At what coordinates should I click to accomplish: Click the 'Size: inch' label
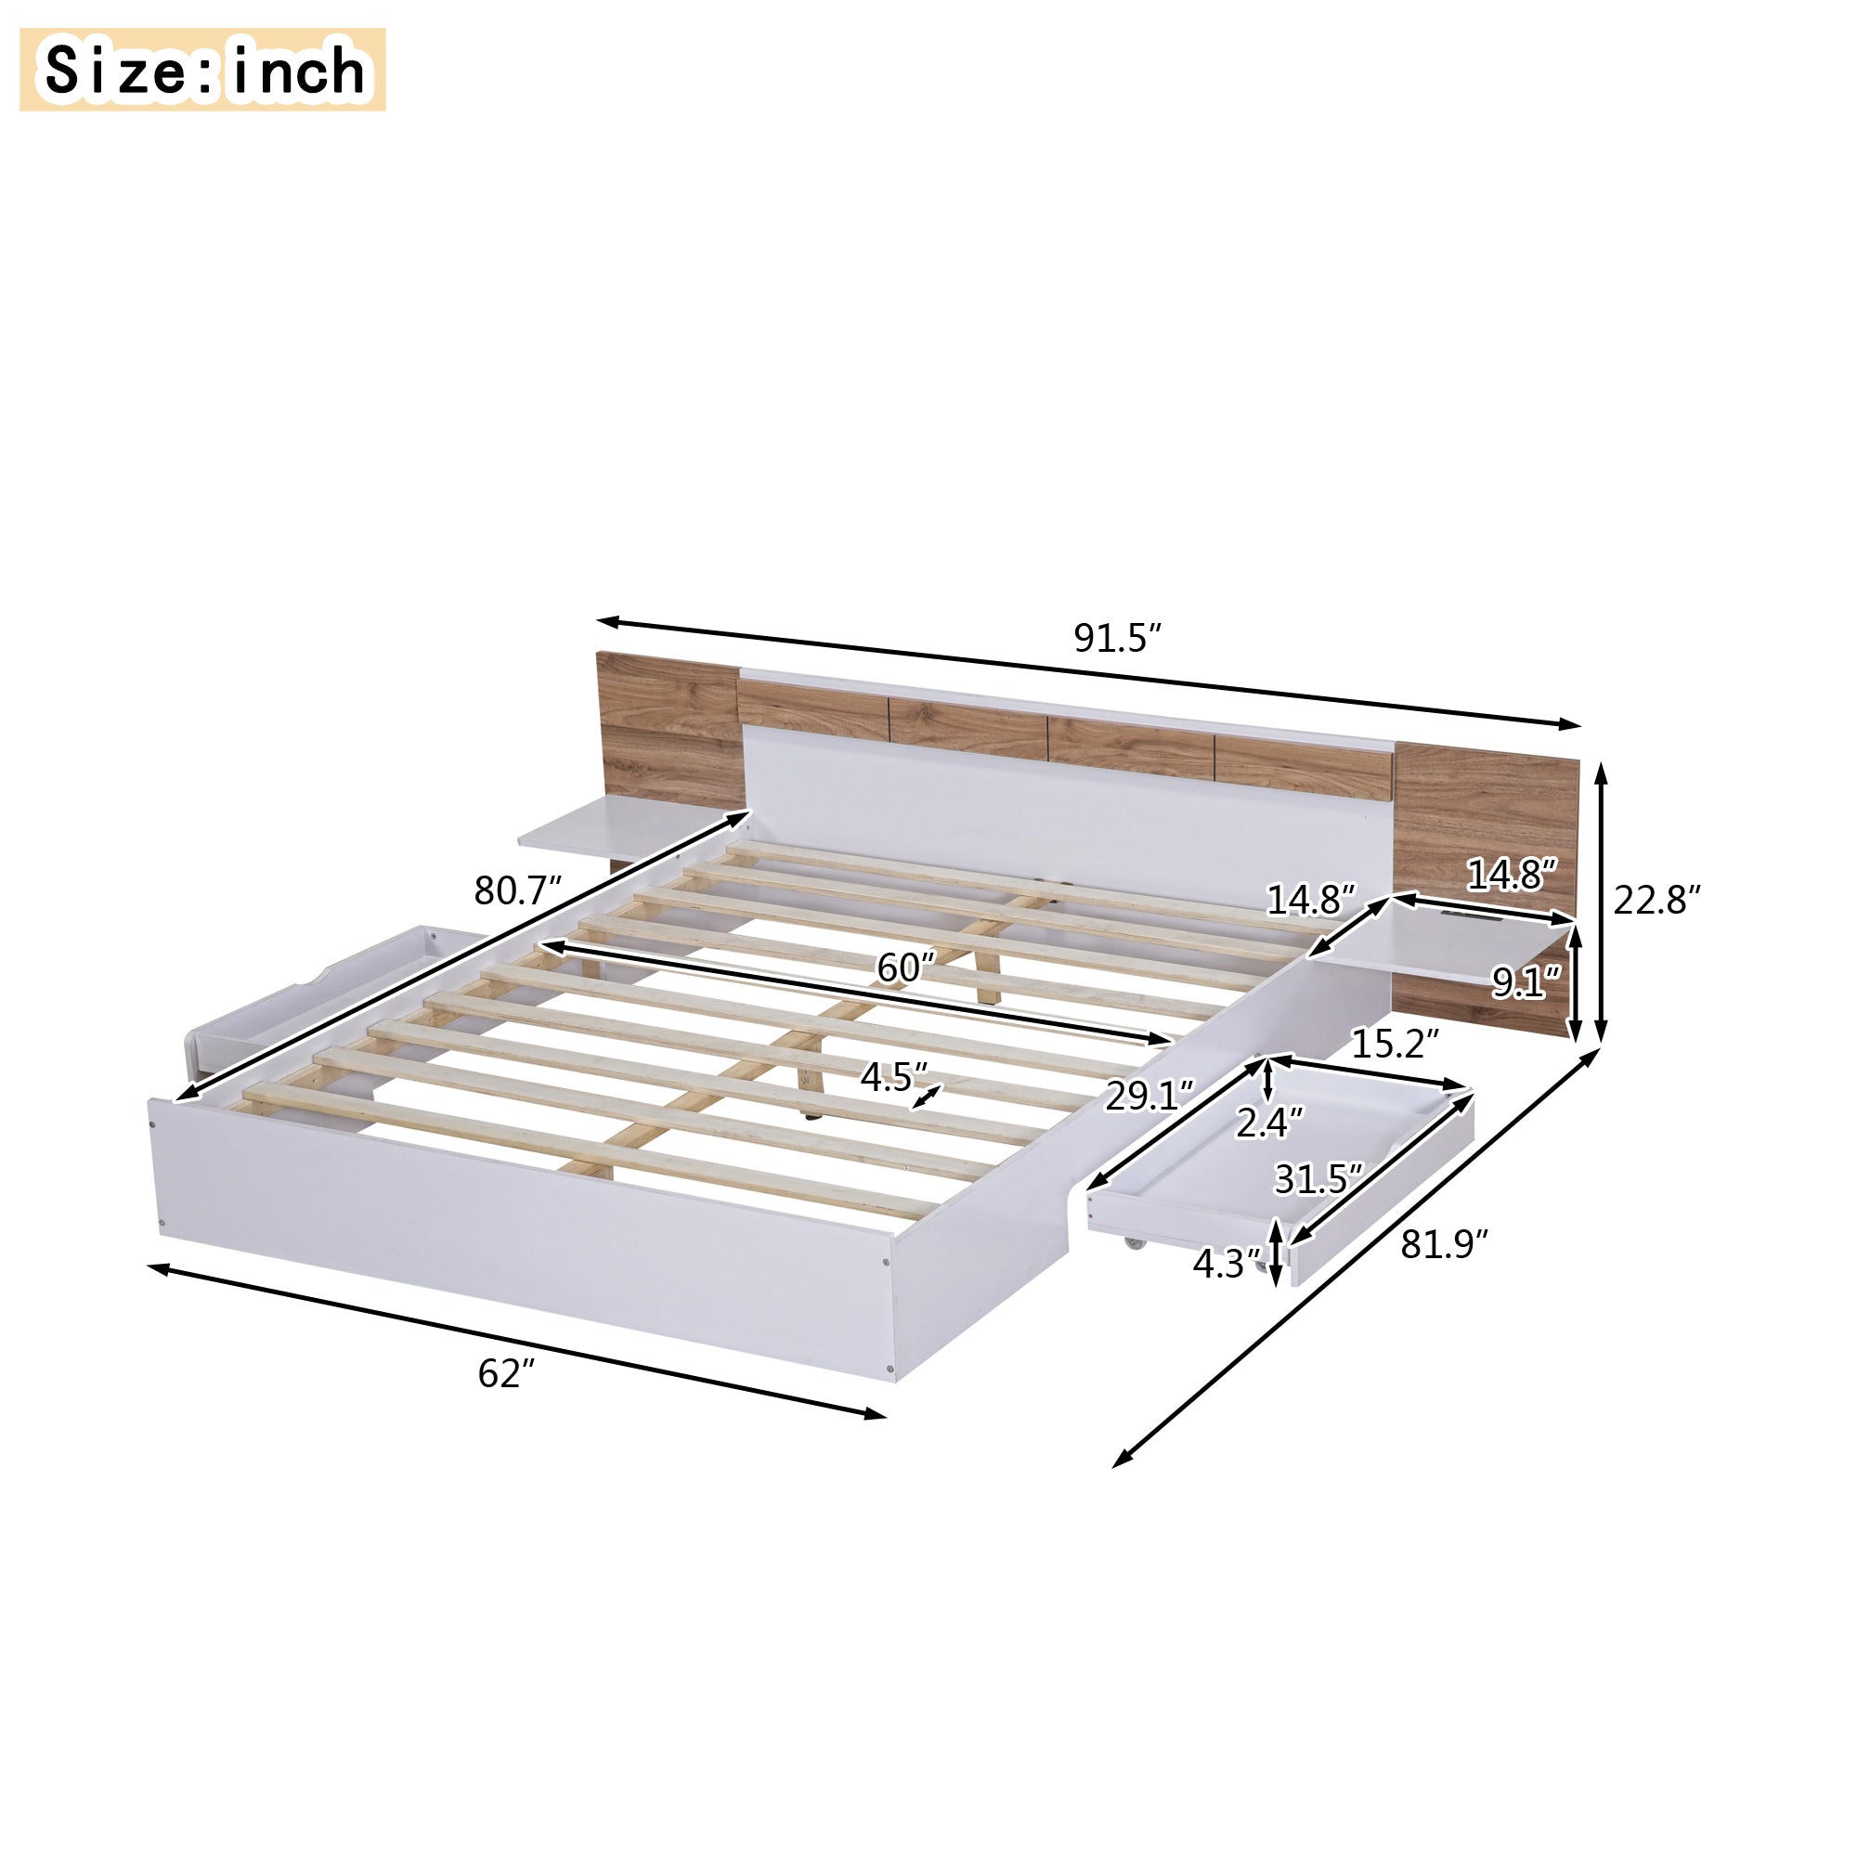(202, 71)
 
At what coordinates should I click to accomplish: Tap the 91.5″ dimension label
(1118, 638)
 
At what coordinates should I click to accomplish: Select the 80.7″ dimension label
(517, 891)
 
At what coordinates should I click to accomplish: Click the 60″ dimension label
(905, 967)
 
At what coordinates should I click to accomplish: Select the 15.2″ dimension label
(1395, 1043)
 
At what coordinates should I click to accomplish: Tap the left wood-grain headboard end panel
(668, 731)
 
